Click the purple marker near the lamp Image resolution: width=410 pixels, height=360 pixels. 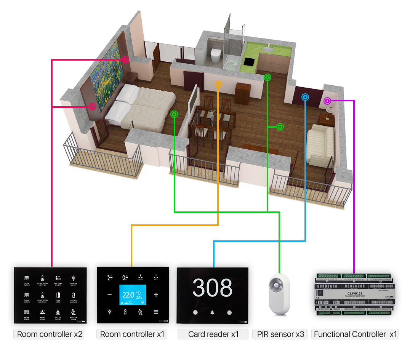tap(327, 101)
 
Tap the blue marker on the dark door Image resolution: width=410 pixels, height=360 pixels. tap(305, 97)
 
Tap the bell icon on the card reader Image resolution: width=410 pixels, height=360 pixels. tap(212, 312)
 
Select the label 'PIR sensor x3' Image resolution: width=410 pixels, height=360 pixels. tap(280, 334)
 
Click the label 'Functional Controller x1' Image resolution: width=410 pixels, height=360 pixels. tap(355, 334)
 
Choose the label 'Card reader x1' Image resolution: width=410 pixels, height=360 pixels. tap(213, 334)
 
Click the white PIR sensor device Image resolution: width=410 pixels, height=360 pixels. tap(279, 293)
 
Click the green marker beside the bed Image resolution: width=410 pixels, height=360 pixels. tap(174, 114)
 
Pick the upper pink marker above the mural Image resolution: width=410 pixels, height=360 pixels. tap(125, 60)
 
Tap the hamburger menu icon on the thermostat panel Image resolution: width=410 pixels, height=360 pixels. tap(156, 312)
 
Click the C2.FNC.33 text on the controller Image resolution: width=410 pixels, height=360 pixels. tap(352, 292)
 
